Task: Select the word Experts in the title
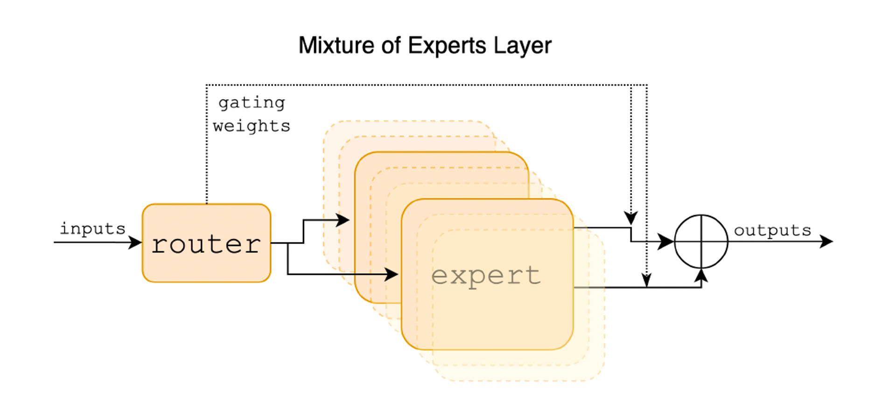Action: (x=441, y=46)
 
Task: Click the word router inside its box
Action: (x=206, y=244)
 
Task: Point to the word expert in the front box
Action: (x=486, y=276)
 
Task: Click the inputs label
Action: (x=92, y=228)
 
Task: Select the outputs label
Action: (x=772, y=230)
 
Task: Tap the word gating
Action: (x=252, y=103)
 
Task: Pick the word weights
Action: (x=252, y=126)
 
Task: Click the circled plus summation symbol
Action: (x=701, y=242)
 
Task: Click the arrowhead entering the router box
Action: (x=136, y=242)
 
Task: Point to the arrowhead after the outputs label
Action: (x=826, y=242)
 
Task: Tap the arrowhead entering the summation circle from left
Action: (x=666, y=242)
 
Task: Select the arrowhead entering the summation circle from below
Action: (x=701, y=276)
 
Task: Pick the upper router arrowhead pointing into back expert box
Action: (x=343, y=220)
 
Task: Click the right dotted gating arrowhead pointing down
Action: (x=646, y=280)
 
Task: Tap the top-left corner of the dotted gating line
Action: (x=207, y=85)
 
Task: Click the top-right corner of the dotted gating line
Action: (x=647, y=85)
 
